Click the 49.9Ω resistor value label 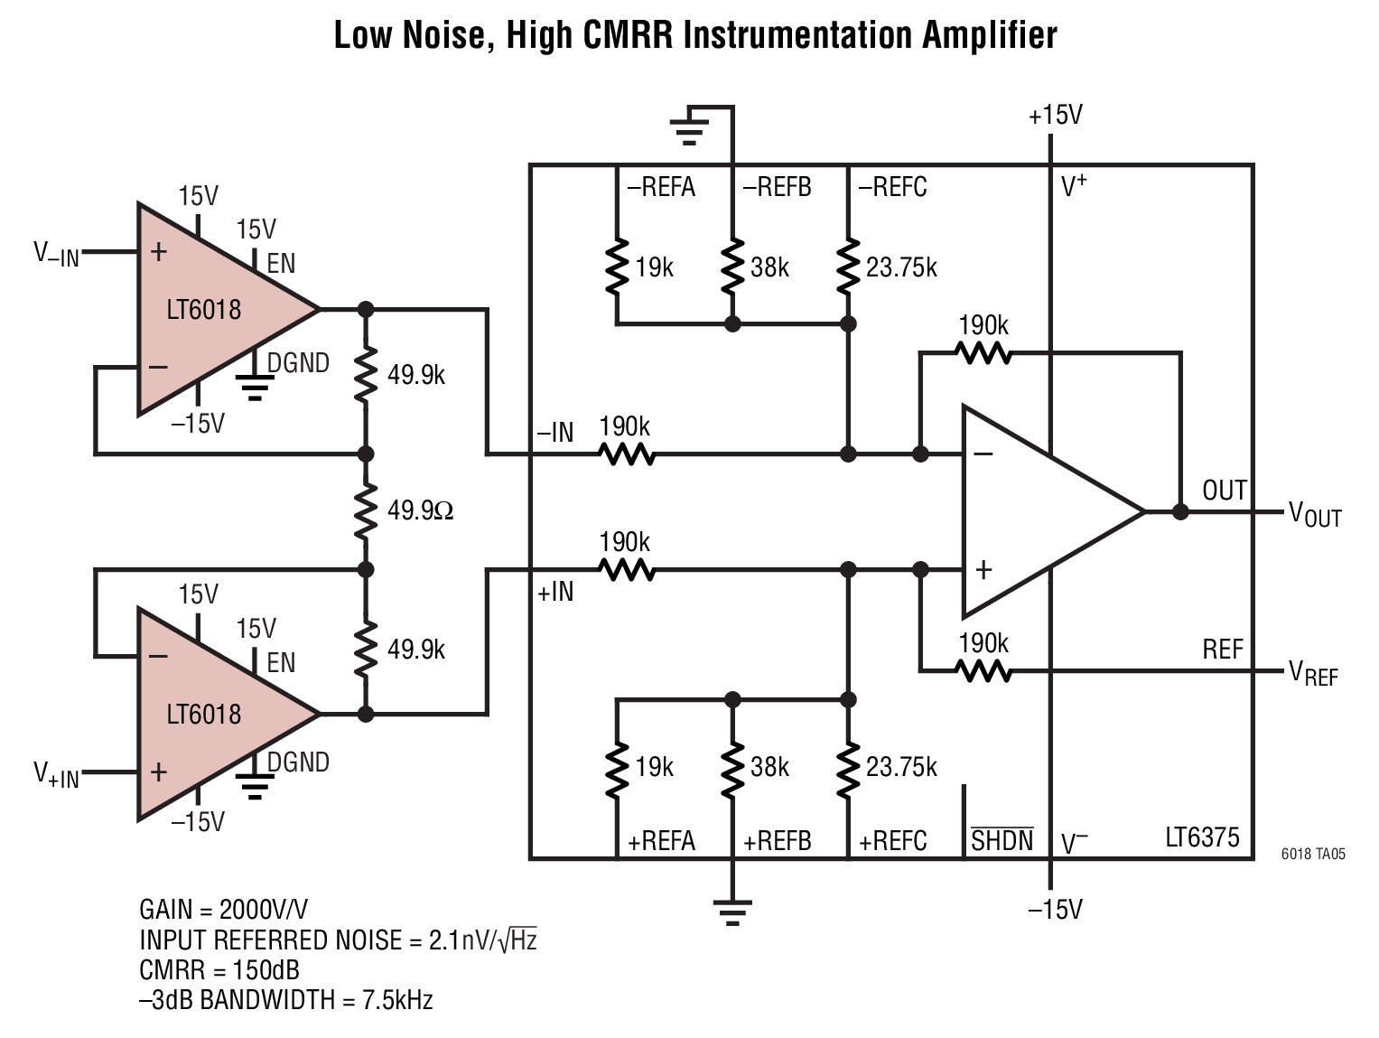click(420, 510)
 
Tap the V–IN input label click(57, 255)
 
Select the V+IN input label click(57, 775)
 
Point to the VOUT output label click(1315, 514)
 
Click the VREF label click(1313, 673)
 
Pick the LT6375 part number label click(1203, 837)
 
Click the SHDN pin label click(1002, 840)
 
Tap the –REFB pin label click(778, 187)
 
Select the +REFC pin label click(893, 841)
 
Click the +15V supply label click(1056, 116)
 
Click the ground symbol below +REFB click(732, 913)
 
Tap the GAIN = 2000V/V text click(224, 909)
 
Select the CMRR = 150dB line click(219, 970)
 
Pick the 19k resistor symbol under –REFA click(617, 267)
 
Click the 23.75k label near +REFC click(901, 767)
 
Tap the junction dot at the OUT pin click(1180, 512)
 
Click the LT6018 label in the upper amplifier click(203, 310)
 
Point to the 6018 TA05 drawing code click(1314, 854)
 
